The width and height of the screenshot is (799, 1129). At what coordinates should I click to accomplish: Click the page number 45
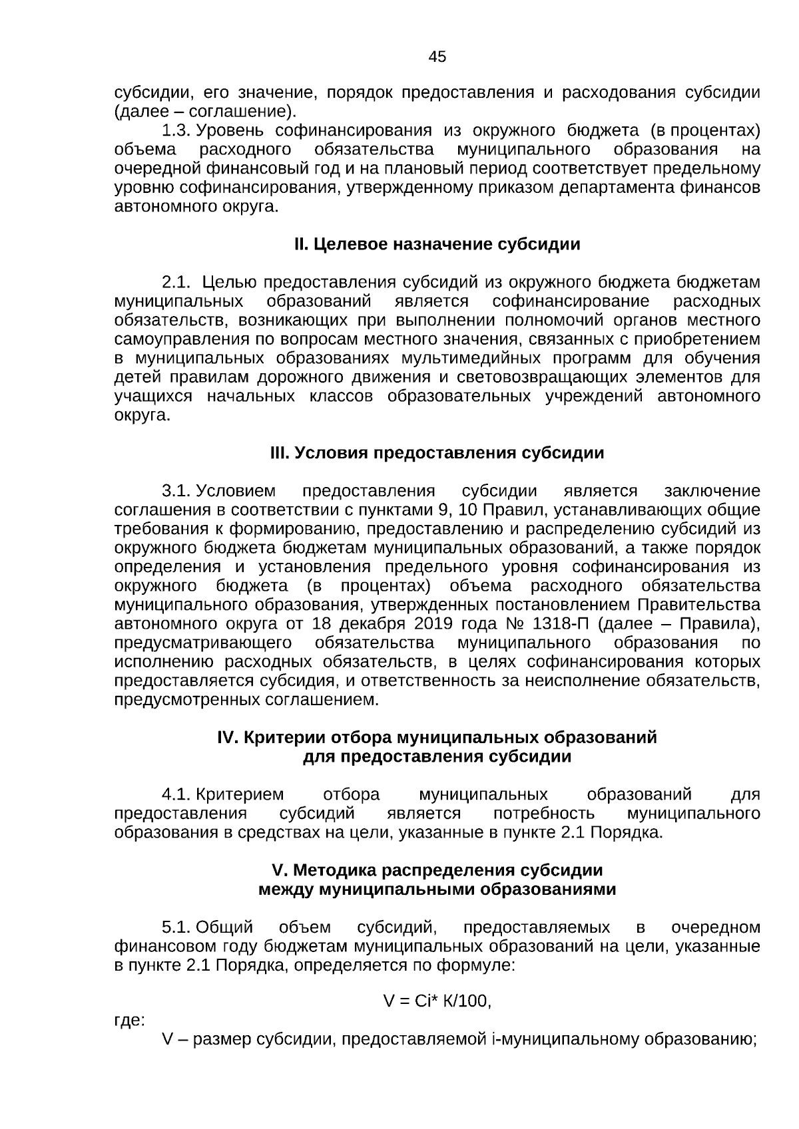click(x=437, y=57)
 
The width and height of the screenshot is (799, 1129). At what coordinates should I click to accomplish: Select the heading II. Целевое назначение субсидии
click(x=437, y=245)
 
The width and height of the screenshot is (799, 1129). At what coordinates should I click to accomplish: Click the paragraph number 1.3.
click(x=177, y=131)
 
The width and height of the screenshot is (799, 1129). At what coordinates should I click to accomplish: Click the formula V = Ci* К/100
click(x=437, y=1001)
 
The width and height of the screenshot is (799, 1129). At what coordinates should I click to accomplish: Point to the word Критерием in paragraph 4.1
click(x=241, y=795)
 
